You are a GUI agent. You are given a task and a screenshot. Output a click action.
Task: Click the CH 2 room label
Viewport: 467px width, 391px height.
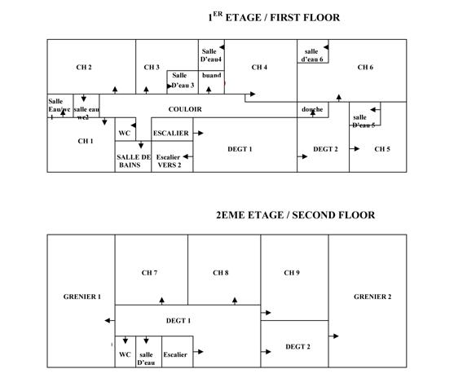[x=84, y=68]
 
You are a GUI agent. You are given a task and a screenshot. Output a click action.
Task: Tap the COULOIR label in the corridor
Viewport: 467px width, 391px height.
[x=185, y=109]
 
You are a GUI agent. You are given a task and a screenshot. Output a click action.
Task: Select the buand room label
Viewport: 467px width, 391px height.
[x=211, y=75]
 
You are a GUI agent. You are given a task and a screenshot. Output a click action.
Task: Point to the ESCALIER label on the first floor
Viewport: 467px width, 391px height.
[x=170, y=133]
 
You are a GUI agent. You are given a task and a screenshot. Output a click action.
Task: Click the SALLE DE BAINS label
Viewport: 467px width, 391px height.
[x=134, y=161]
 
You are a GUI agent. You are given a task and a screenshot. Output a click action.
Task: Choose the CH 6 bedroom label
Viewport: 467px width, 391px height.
[x=365, y=68]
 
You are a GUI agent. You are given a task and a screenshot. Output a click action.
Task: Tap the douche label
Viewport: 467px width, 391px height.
[x=312, y=109]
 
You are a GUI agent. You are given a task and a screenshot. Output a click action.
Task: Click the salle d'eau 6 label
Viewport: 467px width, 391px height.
[x=312, y=55]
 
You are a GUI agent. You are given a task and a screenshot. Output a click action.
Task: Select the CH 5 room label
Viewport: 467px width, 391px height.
[x=382, y=149]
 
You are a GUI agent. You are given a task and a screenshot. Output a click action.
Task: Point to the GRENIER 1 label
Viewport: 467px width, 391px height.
[x=82, y=297]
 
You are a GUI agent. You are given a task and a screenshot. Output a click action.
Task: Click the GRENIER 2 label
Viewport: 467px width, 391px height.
[x=372, y=297]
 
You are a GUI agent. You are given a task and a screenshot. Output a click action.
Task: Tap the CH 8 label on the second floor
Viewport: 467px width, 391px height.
[x=221, y=273]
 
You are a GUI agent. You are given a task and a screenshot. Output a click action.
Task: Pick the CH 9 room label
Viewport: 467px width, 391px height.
[x=292, y=273]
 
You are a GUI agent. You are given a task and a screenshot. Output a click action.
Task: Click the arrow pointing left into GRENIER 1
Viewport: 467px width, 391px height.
[x=110, y=320]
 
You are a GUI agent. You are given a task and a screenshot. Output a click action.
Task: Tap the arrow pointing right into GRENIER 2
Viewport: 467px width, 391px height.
[x=333, y=336]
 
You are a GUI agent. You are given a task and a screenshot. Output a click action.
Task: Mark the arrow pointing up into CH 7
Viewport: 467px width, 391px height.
[x=161, y=301]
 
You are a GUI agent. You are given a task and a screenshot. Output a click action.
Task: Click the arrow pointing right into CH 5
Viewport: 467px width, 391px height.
[x=355, y=148]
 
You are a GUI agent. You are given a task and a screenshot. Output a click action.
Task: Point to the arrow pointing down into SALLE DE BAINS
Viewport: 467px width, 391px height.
[x=141, y=145]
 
